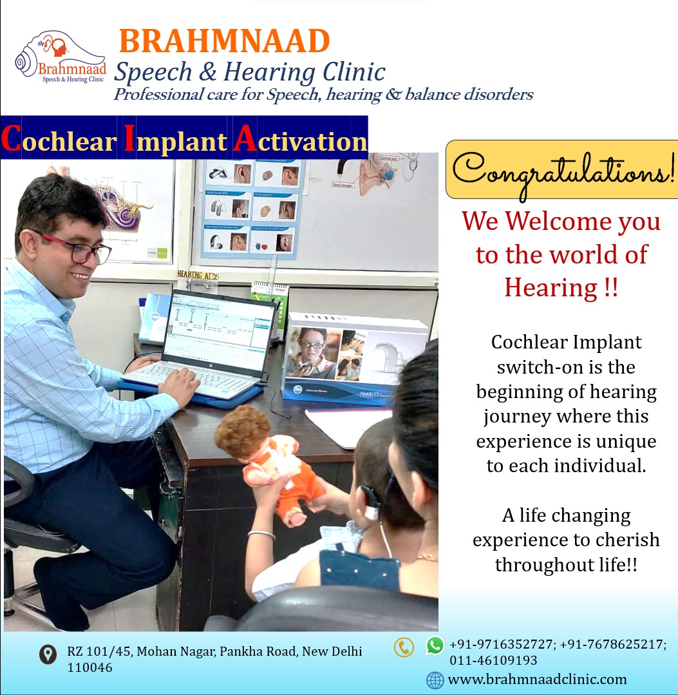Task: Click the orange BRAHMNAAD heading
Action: coord(225,41)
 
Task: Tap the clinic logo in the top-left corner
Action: coord(61,57)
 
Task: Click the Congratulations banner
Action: coord(562,170)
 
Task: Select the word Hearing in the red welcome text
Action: coord(551,288)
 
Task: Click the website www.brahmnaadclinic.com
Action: coord(537,679)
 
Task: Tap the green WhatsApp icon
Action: coord(435,645)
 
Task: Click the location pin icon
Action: coord(48,654)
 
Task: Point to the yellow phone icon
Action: coord(404,647)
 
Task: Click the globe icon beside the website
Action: coord(435,680)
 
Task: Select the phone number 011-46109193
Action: coord(493,660)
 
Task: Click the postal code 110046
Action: coord(89,667)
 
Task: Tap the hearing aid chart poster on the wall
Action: coord(252,208)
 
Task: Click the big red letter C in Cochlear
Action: coord(11,138)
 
